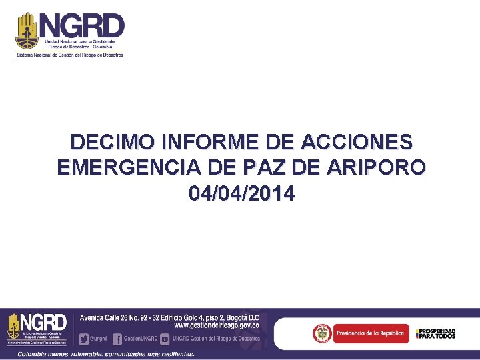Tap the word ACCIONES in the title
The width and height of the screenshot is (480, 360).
pyautogui.click(x=357, y=142)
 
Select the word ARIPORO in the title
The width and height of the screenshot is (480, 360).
pyautogui.click(x=375, y=167)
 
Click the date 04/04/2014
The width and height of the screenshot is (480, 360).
pyautogui.click(x=241, y=193)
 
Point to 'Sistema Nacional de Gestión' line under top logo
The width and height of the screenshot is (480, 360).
pyautogui.click(x=70, y=55)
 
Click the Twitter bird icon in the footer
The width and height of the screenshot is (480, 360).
pyautogui.click(x=84, y=338)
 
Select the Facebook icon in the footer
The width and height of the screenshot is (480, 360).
pyautogui.click(x=117, y=338)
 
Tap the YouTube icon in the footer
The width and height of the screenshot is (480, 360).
pyautogui.click(x=164, y=338)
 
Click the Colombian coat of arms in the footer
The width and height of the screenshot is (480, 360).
pyautogui.click(x=322, y=333)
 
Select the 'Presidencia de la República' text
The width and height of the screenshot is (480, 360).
pyautogui.click(x=370, y=333)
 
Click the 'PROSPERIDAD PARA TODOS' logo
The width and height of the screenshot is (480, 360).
pyautogui.click(x=437, y=333)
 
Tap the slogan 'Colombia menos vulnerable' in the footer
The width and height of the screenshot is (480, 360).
pyautogui.click(x=107, y=353)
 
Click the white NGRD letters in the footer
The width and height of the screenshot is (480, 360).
pyautogui.click(x=44, y=321)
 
